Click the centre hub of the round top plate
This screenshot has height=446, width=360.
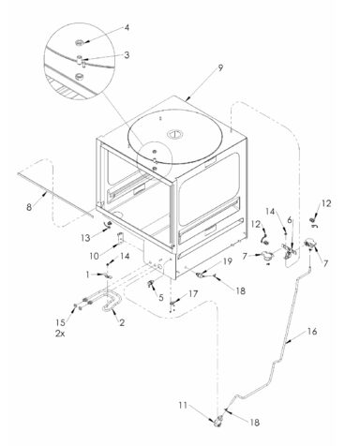coord(174,135)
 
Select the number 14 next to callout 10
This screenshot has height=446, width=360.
coord(125,256)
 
